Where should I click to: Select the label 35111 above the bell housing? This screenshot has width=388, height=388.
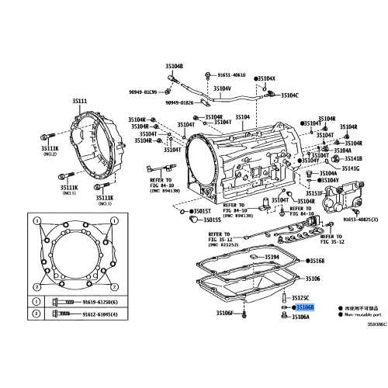(80, 102)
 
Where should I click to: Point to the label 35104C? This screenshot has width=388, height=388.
(289, 95)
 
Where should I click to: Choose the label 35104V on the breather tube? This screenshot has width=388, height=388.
(222, 88)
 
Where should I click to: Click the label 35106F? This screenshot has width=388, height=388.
(225, 313)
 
